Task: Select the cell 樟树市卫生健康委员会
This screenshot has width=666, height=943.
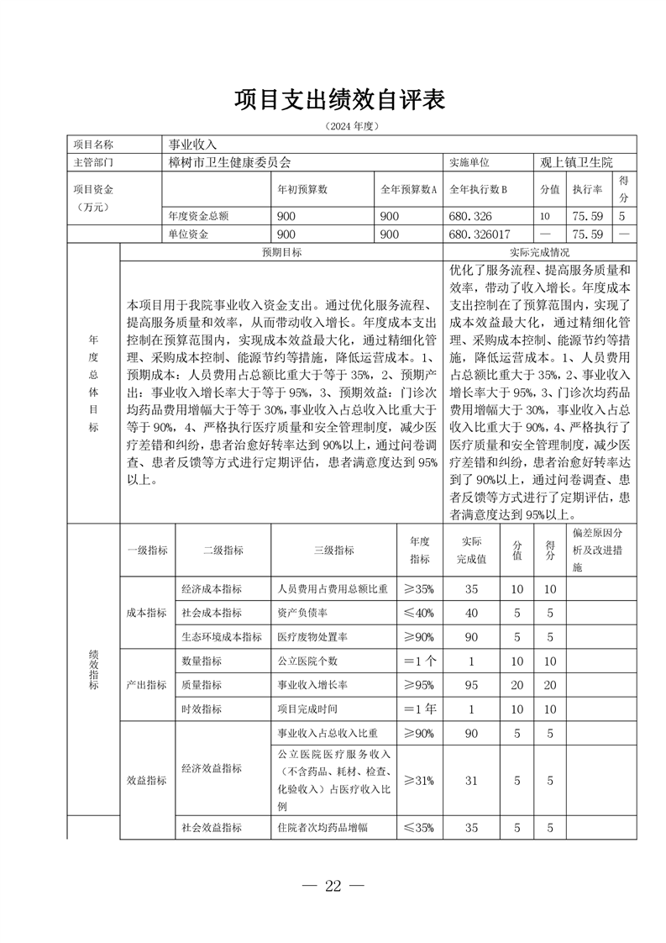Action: tap(230, 161)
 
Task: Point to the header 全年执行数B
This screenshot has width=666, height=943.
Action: tap(479, 190)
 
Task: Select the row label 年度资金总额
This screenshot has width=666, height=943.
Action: tap(198, 216)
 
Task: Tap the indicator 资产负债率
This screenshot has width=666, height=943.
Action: tap(301, 613)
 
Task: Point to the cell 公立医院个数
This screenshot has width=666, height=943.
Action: tap(301, 661)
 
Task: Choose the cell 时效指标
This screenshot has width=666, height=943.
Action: tap(202, 709)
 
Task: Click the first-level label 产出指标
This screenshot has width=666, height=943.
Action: tap(146, 685)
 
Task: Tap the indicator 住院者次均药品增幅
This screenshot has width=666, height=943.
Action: tap(323, 828)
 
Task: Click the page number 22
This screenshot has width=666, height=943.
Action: tap(333, 886)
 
